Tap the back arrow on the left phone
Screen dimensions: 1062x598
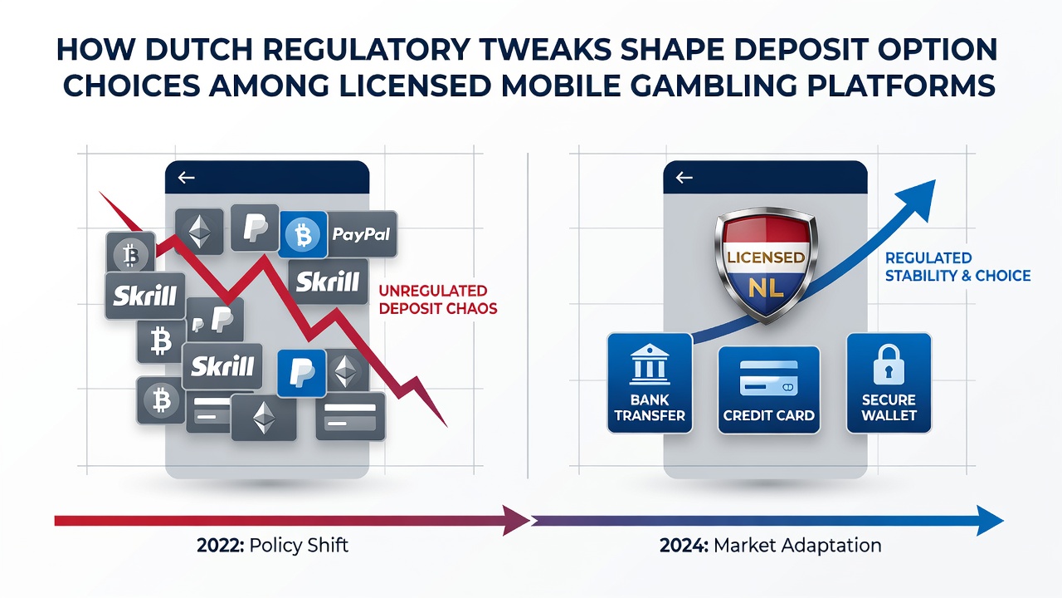[x=187, y=178]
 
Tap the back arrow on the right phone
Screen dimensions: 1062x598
[x=684, y=178]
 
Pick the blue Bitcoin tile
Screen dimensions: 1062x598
[x=304, y=234]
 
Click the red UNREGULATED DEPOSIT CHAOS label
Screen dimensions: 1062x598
[x=438, y=300]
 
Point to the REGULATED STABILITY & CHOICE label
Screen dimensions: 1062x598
[x=957, y=267]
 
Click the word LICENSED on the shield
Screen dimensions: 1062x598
[x=766, y=257]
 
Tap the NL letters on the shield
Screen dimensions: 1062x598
[x=766, y=287]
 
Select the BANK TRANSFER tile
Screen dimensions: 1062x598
[x=650, y=383]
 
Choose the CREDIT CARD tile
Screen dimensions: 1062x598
[x=768, y=390]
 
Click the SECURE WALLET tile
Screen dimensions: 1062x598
[x=889, y=383]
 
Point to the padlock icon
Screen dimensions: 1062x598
[x=889, y=365]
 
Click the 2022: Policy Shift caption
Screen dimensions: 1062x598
[x=273, y=546]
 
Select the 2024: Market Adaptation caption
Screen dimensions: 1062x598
[x=771, y=546]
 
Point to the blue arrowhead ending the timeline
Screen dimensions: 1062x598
[x=990, y=521]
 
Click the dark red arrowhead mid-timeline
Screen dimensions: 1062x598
[x=516, y=521]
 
